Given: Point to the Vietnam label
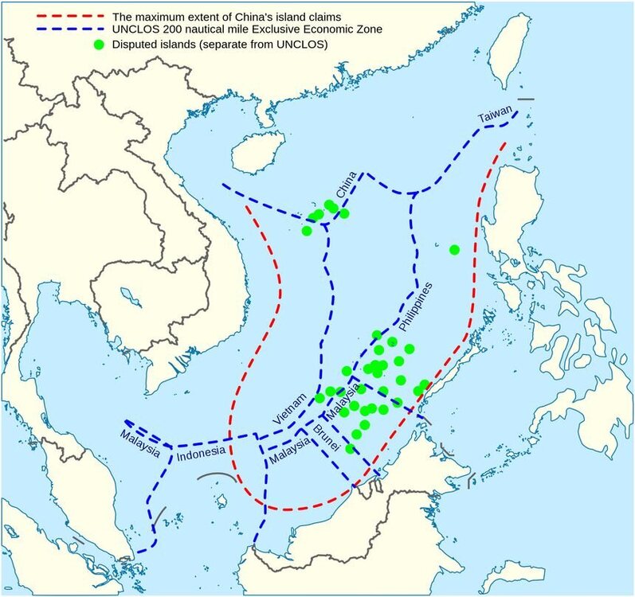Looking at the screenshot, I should pos(288,412).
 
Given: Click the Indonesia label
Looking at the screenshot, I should pos(200,458).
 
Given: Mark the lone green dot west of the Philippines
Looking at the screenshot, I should pos(454,250).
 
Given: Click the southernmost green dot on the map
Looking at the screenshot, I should pos(349,449).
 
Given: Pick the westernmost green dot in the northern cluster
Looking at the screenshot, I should pos(307,231).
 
